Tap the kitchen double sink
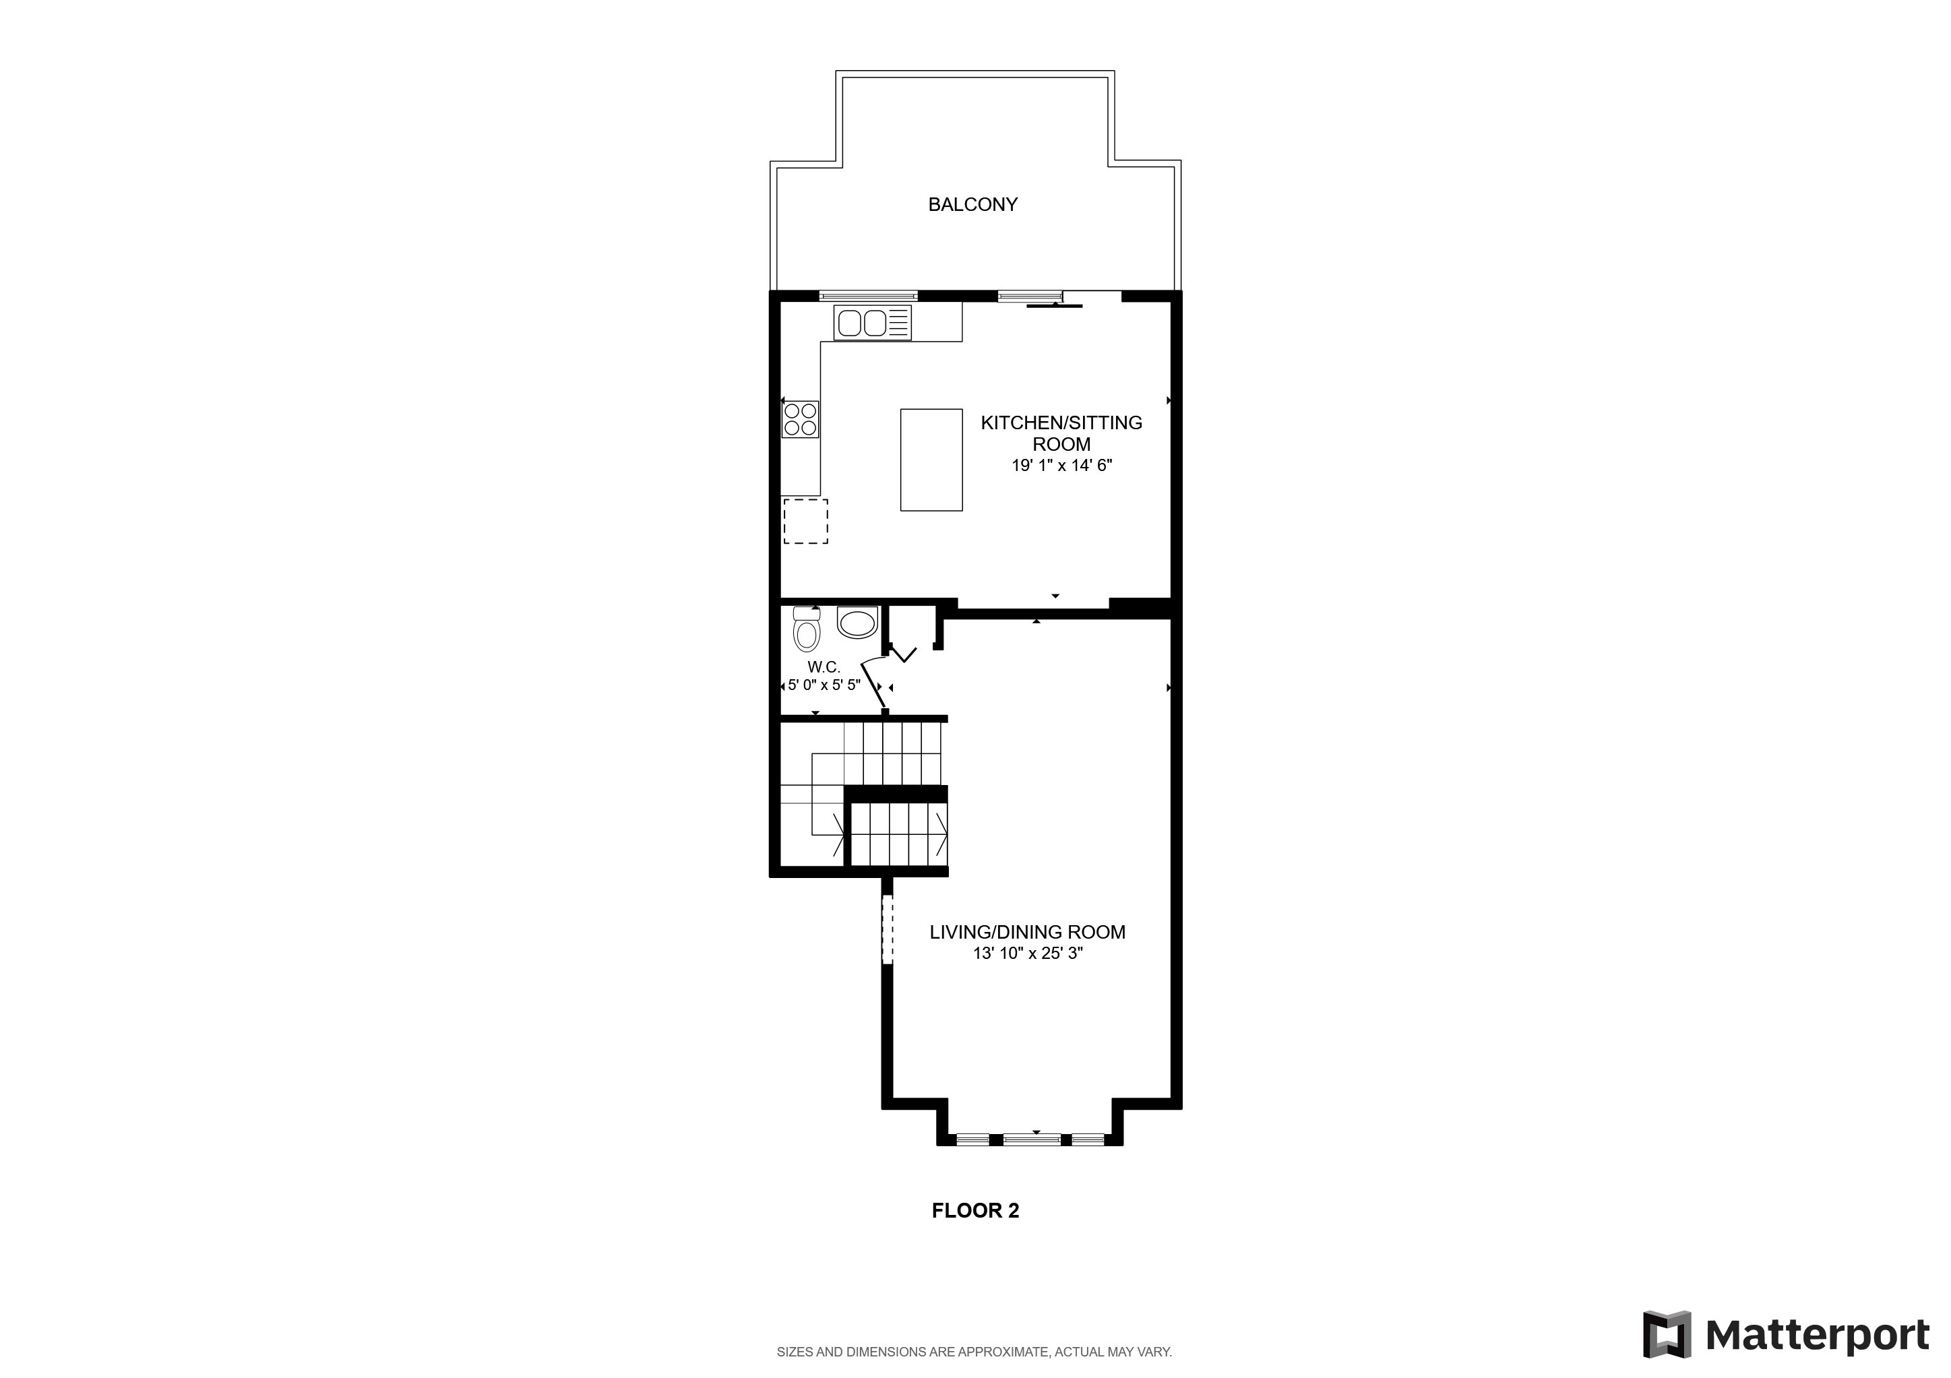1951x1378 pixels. [863, 323]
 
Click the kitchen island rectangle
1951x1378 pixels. [931, 460]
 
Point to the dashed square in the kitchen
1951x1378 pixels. [805, 522]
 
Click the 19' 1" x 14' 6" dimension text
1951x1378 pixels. [1061, 466]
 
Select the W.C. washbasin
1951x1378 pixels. [857, 623]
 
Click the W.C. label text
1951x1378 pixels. [824, 668]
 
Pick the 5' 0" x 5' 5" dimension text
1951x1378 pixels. [824, 685]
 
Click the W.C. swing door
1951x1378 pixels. [874, 684]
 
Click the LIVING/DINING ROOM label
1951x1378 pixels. [1026, 932]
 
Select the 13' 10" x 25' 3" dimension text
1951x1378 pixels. [1026, 953]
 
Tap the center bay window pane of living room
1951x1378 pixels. [1032, 1139]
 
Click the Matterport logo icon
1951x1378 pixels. [1667, 1335]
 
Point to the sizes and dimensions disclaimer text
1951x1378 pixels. [974, 1352]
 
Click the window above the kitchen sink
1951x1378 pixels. [869, 296]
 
